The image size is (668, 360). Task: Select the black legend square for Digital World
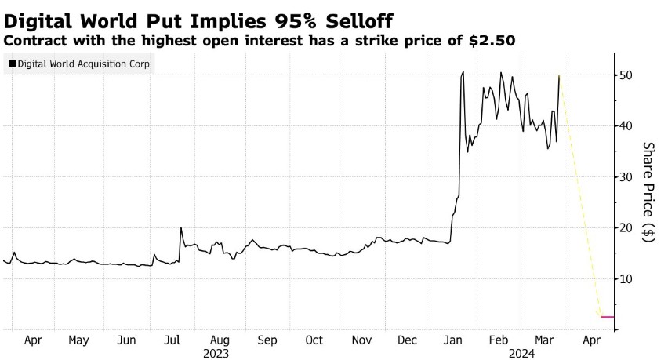pyautogui.click(x=11, y=64)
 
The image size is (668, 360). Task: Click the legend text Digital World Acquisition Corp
pyautogui.click(x=82, y=64)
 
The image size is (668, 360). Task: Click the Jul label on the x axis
pyautogui.click(x=172, y=341)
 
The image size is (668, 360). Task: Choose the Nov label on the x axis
pyautogui.click(x=361, y=341)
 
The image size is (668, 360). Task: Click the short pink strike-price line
pyautogui.click(x=607, y=317)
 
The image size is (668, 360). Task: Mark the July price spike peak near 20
pyautogui.click(x=181, y=228)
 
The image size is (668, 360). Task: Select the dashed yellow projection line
pyautogui.click(x=580, y=196)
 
